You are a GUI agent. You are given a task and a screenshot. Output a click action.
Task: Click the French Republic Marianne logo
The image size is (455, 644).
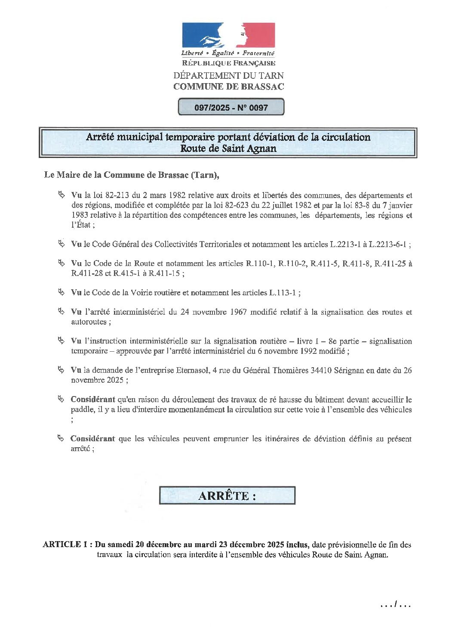click(x=228, y=35)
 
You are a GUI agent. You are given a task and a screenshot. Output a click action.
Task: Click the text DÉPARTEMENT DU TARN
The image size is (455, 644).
click(x=228, y=75)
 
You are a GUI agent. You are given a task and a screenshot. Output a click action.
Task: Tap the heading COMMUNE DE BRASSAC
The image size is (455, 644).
click(x=228, y=87)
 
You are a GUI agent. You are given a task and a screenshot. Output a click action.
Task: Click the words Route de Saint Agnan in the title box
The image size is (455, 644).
click(x=228, y=149)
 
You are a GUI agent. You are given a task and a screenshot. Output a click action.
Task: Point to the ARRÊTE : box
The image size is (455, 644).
click(x=227, y=495)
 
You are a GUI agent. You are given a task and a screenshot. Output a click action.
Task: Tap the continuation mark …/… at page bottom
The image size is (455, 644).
click(x=396, y=605)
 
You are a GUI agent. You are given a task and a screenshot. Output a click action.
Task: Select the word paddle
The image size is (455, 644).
click(x=82, y=409)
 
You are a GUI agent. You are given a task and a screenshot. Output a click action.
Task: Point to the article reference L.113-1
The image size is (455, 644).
click(x=283, y=293)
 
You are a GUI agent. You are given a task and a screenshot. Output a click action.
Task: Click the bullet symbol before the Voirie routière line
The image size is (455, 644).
click(x=61, y=292)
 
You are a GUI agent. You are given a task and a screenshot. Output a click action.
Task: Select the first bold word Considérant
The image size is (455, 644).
click(x=92, y=399)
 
